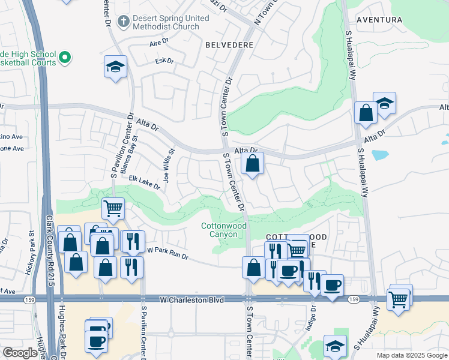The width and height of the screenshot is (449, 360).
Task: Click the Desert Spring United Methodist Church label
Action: [171, 23]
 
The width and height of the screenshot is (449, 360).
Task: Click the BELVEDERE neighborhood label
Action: [229, 45]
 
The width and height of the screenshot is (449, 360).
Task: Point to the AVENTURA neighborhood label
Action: [379, 20]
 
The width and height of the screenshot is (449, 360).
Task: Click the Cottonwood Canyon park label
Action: [219, 230]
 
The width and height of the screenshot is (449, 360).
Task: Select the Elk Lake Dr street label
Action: [144, 182]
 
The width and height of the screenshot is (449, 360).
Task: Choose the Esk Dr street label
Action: [164, 61]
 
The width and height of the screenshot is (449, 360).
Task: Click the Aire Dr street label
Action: [161, 44]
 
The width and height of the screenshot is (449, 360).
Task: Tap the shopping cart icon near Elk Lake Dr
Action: [113, 208]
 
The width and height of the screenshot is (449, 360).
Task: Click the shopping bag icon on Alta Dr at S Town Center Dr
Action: [253, 163]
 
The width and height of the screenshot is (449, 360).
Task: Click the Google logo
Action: [20, 353]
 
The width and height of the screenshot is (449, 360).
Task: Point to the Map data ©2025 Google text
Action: [412, 355]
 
